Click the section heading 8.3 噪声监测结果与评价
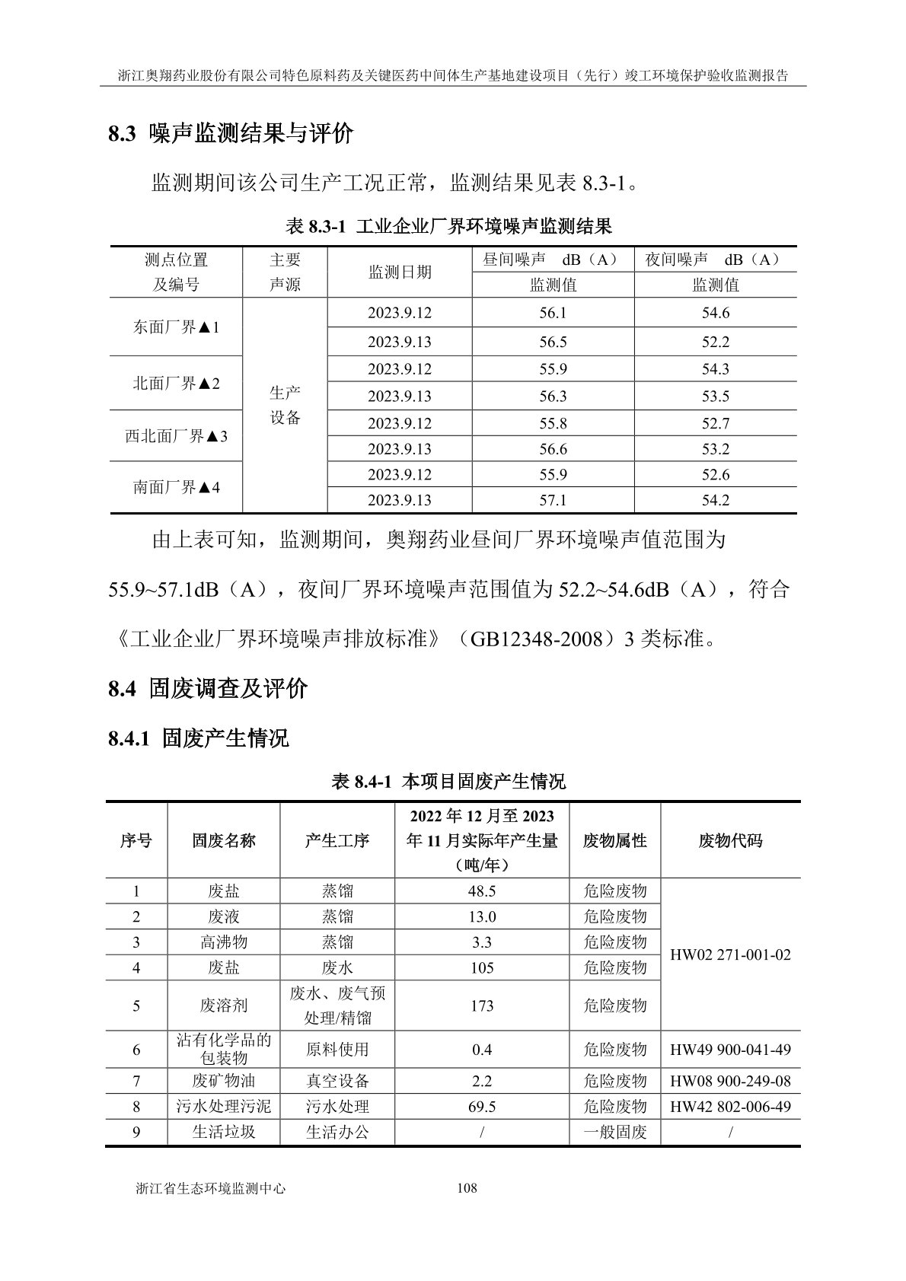coord(231,134)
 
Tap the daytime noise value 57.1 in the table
coord(553,500)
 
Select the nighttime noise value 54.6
coord(715,313)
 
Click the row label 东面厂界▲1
coord(176,327)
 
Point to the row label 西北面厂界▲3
coord(176,436)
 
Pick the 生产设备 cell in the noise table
coord(286,405)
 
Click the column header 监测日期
coord(400,272)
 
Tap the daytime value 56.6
coord(553,449)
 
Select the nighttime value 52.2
coord(715,342)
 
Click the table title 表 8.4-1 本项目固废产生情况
coord(449,781)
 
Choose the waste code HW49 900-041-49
coord(730,1050)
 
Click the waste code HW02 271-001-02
coord(730,954)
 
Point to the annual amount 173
coord(482,1005)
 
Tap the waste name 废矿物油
coord(224,1081)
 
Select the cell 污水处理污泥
coord(224,1106)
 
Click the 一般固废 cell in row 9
coord(615,1132)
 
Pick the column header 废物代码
coord(730,840)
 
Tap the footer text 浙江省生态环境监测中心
coord(209,1187)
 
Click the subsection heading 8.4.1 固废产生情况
coord(199,737)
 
